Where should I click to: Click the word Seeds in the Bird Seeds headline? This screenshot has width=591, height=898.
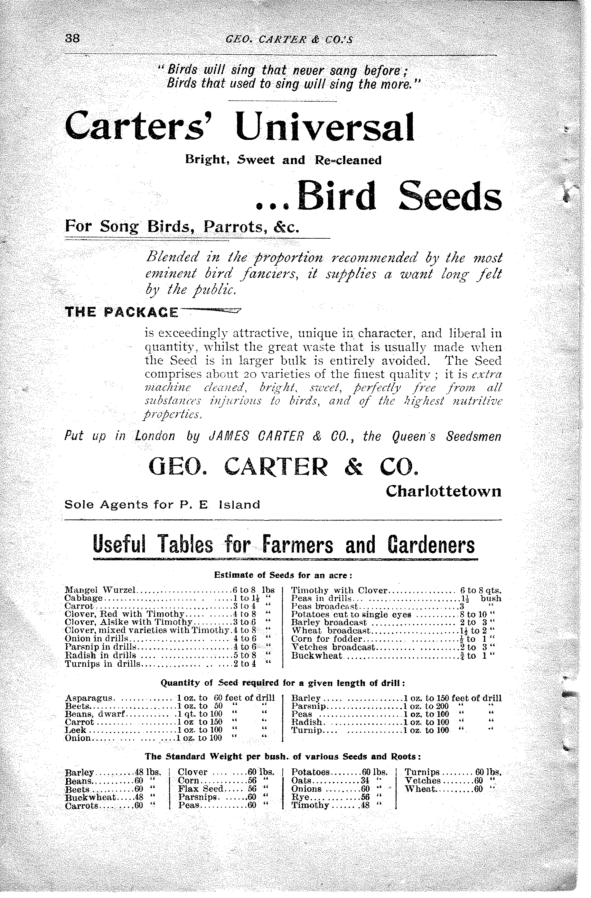click(x=450, y=196)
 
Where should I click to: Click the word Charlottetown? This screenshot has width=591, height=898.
click(x=443, y=491)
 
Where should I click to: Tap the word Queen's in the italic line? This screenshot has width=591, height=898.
click(x=414, y=436)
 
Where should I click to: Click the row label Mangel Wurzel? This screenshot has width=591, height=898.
click(x=100, y=590)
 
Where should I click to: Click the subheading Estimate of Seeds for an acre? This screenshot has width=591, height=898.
click(x=283, y=575)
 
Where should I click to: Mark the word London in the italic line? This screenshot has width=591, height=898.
click(x=155, y=436)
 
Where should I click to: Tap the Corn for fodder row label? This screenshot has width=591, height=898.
click(x=327, y=639)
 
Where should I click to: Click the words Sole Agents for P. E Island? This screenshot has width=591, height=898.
click(x=162, y=505)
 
